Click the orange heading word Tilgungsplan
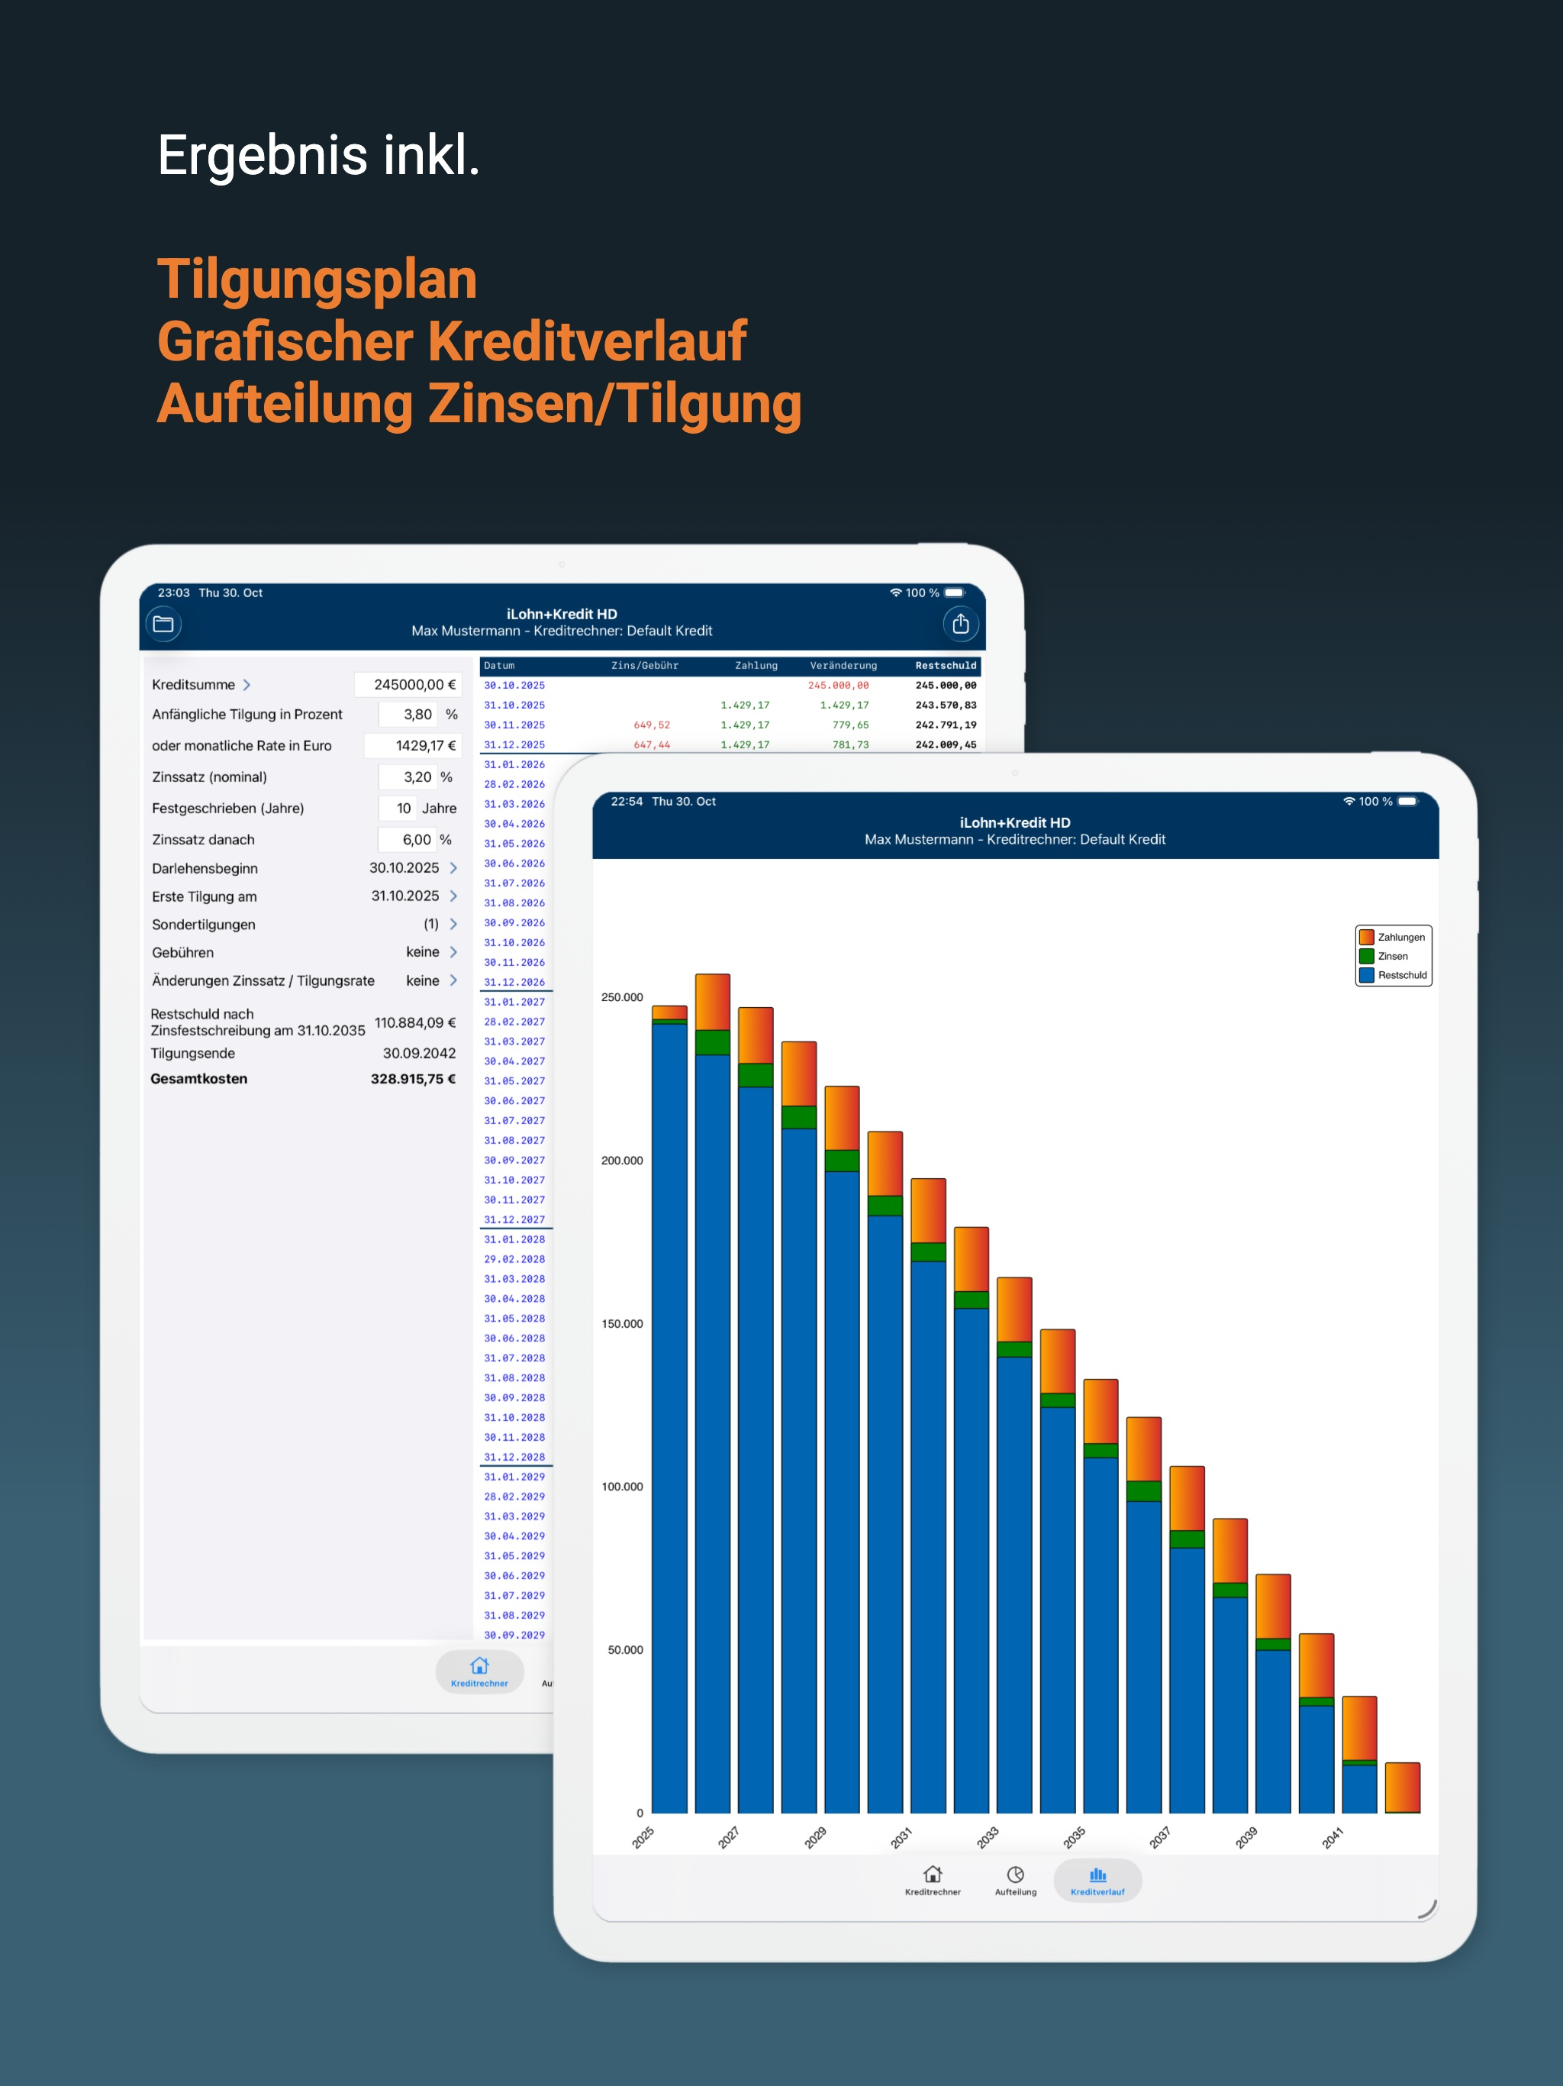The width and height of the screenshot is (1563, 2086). click(317, 281)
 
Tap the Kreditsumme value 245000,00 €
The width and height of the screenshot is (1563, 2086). click(414, 685)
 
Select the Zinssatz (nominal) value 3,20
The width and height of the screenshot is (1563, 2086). click(417, 777)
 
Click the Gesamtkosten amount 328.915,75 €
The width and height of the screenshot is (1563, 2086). click(413, 1079)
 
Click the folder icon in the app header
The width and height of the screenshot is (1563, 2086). click(163, 625)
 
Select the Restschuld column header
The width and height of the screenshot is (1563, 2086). click(946, 666)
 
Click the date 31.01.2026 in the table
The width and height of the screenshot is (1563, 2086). click(514, 765)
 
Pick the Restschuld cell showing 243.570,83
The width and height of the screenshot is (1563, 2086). click(946, 706)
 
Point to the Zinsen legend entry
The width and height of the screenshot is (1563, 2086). click(1383, 956)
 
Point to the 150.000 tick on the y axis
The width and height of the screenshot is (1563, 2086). click(622, 1324)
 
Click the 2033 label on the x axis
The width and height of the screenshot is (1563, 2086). click(987, 1837)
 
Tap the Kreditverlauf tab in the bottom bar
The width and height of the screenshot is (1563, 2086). click(1097, 1881)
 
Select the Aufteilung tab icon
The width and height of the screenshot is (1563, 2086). click(1015, 1874)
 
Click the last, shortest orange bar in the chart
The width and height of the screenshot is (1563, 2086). click(1403, 1787)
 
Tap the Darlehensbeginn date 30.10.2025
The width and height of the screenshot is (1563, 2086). click(404, 867)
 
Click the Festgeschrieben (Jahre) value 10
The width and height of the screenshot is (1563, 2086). click(404, 808)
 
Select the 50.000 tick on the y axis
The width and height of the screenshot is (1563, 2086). click(625, 1650)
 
